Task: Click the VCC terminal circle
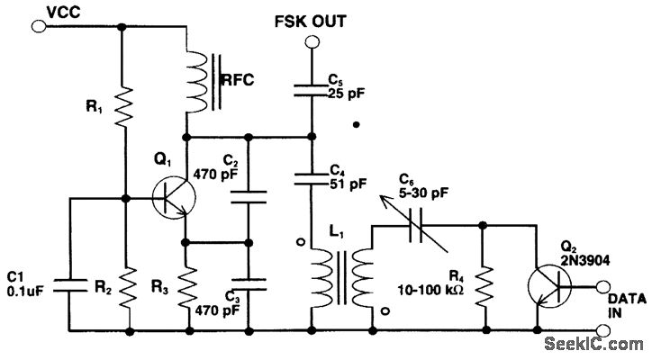[x=38, y=27]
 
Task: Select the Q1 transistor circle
[x=170, y=198]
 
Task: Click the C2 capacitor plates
[x=250, y=199]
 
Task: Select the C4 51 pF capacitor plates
[x=310, y=176]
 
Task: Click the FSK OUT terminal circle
[x=310, y=40]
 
